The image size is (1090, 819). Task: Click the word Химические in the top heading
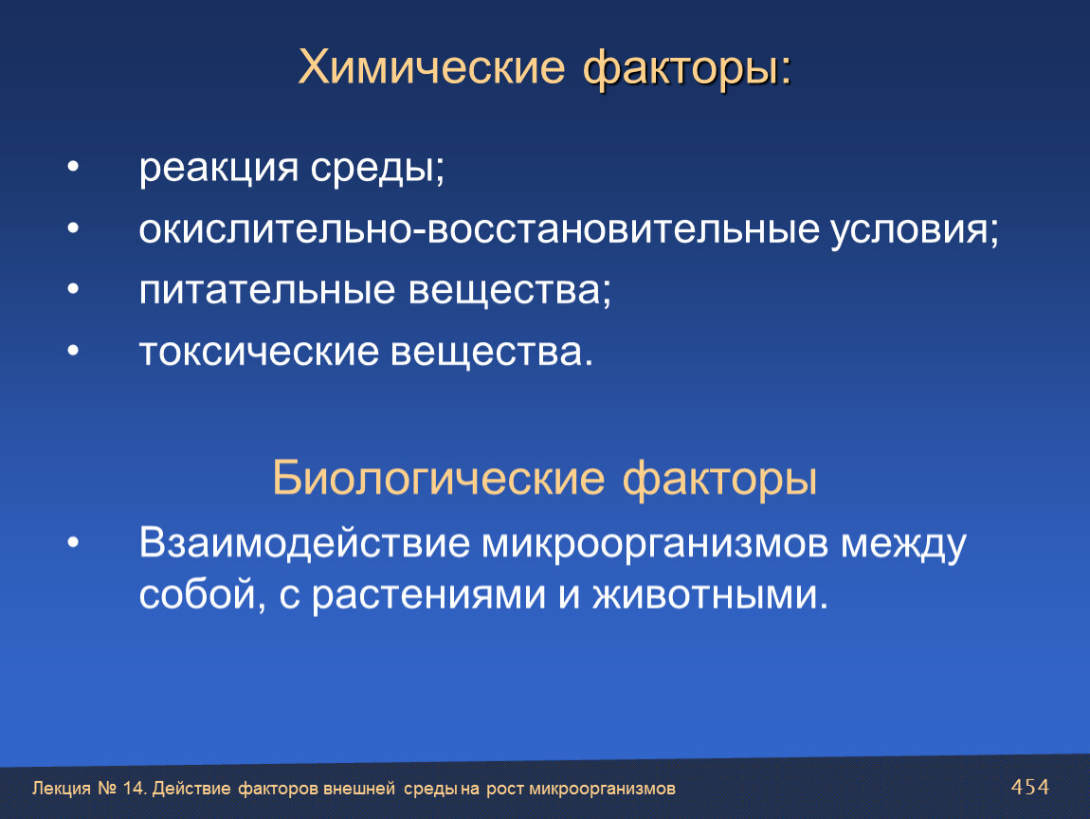(431, 67)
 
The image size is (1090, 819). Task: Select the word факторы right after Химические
(687, 69)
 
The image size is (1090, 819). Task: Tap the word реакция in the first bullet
(219, 168)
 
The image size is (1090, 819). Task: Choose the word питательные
(267, 290)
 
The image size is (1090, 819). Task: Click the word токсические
(260, 352)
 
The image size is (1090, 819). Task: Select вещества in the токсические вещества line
(492, 352)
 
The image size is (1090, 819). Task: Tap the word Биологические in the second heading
(439, 479)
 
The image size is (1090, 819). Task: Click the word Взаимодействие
(304, 543)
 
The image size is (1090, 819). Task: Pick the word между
(903, 544)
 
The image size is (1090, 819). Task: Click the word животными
(711, 596)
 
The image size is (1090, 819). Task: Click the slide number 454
(1030, 787)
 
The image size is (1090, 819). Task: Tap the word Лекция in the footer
(62, 789)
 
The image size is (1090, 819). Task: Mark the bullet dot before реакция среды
(74, 167)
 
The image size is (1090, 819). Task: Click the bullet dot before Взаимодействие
(74, 543)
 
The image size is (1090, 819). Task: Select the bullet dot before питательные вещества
(74, 289)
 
